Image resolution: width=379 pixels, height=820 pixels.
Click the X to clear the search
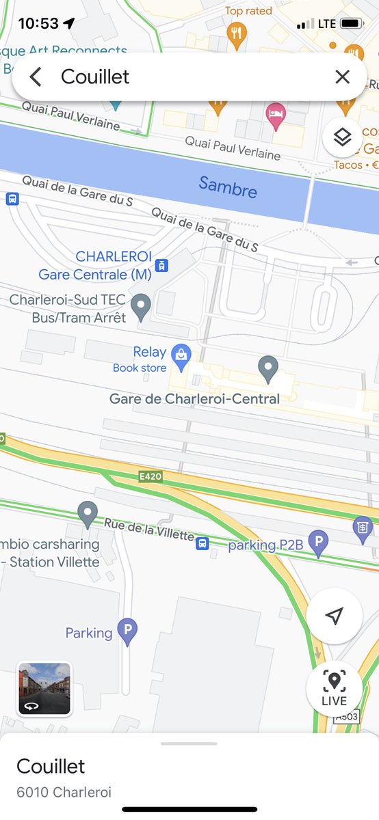click(342, 77)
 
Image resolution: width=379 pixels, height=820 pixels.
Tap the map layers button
click(342, 137)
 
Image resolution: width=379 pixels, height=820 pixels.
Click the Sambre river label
click(228, 187)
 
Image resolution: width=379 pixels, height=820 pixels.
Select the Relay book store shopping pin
click(181, 355)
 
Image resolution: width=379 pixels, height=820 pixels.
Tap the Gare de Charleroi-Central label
click(195, 398)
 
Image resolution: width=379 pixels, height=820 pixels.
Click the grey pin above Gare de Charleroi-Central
click(268, 368)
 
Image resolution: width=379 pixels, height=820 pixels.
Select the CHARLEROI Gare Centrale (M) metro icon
click(161, 266)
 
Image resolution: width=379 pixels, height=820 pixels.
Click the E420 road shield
click(150, 476)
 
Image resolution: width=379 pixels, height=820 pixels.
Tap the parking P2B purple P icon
click(317, 544)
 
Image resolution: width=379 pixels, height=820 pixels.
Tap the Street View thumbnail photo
click(44, 688)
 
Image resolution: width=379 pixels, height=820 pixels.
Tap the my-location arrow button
click(334, 616)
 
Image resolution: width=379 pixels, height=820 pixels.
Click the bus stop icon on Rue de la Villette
click(202, 544)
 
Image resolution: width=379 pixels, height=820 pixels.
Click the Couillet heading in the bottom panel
click(51, 765)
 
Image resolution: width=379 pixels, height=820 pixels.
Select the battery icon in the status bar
click(351, 24)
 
